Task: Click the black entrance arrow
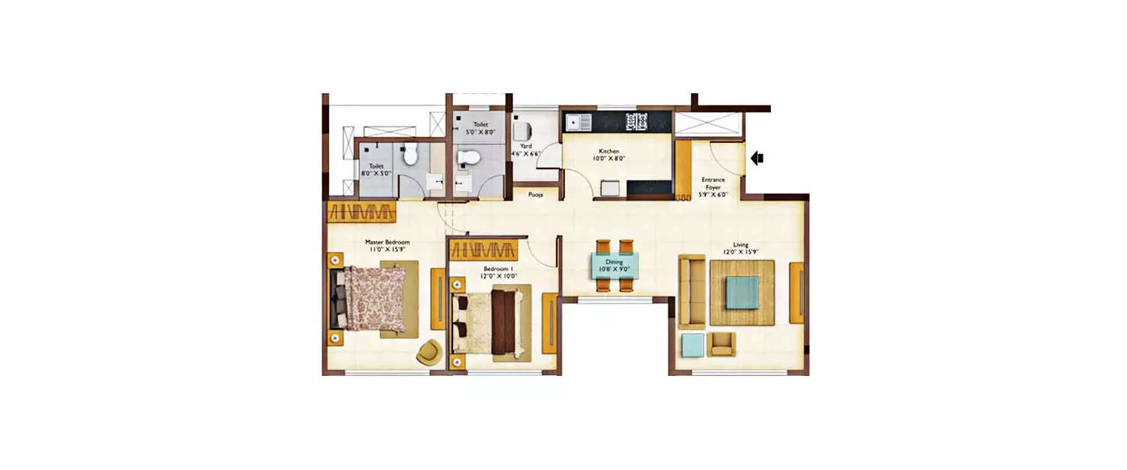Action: (757, 158)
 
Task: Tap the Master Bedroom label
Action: (387, 242)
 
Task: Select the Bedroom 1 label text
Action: (498, 268)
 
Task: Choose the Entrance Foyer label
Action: (713, 183)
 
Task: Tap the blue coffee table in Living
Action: (742, 292)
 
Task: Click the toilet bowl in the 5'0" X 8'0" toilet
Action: (467, 156)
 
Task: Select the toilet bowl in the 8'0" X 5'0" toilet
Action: (410, 155)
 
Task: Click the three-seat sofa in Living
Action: (690, 292)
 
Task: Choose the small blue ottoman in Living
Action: (692, 344)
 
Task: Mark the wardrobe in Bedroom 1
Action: (485, 250)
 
